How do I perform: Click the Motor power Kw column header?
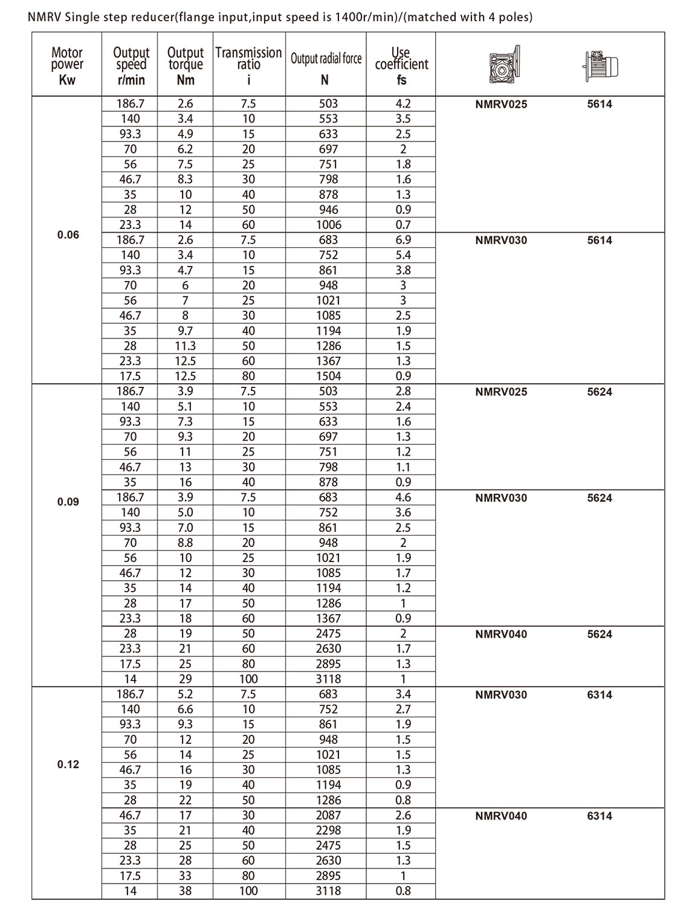[x=67, y=65]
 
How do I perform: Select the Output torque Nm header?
[x=186, y=65]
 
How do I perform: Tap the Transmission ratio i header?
[x=248, y=65]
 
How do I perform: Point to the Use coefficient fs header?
[x=401, y=65]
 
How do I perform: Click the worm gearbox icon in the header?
[x=504, y=64]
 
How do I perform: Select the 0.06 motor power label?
[x=68, y=235]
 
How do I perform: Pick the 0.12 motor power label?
[x=68, y=765]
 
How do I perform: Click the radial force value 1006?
[x=328, y=225]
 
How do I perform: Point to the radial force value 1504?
[x=328, y=376]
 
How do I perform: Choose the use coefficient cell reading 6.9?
[x=403, y=240]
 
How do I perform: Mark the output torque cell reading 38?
[x=186, y=891]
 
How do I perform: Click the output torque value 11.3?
[x=186, y=346]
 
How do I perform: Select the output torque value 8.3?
[x=186, y=179]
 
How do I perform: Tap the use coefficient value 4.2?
[x=403, y=103]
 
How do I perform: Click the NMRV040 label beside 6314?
[x=501, y=816]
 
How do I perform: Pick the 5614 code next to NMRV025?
[x=600, y=104]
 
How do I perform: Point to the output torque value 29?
[x=186, y=679]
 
